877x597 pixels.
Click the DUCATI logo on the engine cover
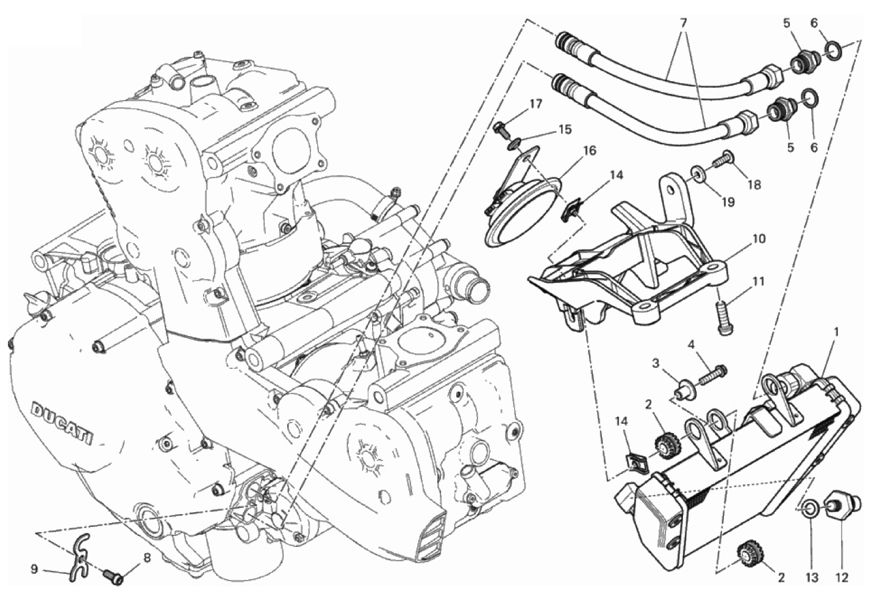[63, 425]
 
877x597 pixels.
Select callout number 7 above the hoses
[683, 24]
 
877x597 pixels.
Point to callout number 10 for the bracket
[759, 238]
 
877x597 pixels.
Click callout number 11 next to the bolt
[758, 282]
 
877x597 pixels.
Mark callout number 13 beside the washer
[812, 577]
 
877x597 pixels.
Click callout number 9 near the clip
[34, 569]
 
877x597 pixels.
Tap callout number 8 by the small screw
[147, 557]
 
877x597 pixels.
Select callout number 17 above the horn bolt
[536, 104]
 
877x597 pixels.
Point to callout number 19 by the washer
[729, 202]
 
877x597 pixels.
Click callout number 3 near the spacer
[656, 363]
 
